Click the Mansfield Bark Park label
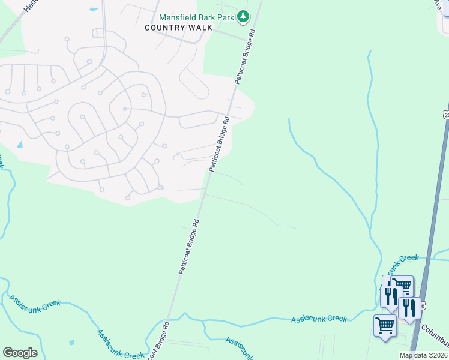tap(196, 17)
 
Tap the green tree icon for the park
tap(243, 17)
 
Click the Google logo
tap(20, 353)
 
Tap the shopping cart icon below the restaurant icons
tap(384, 326)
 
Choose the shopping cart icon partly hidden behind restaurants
tap(403, 284)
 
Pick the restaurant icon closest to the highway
tap(409, 307)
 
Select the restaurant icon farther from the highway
tap(390, 295)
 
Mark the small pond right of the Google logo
tap(71, 343)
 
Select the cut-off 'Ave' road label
tap(438, 4)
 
